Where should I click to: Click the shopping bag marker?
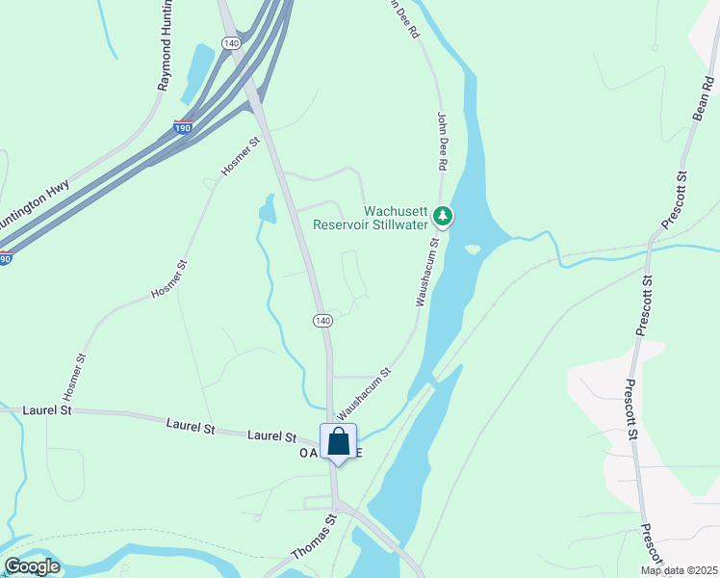click(338, 442)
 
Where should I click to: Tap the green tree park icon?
click(443, 215)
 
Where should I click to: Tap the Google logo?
click(32, 566)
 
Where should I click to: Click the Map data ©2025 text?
click(679, 570)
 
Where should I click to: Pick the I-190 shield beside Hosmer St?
click(182, 126)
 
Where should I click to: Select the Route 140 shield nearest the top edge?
click(230, 43)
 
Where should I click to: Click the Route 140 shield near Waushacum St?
click(322, 320)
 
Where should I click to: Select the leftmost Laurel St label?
click(48, 410)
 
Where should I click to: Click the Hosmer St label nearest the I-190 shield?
click(241, 156)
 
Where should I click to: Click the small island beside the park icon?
click(472, 250)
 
